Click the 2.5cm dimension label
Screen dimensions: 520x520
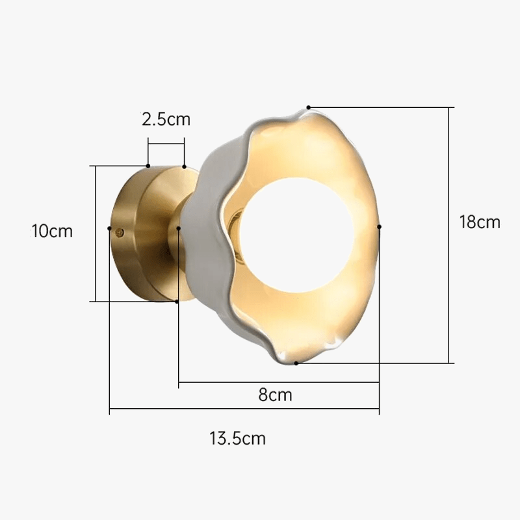pos(166,119)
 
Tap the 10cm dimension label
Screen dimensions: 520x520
pos(52,231)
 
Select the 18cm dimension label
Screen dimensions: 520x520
pos(480,222)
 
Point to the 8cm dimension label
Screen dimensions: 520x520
pos(275,395)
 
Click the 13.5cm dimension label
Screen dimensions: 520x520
pos(237,438)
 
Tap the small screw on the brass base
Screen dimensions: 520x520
pos(120,233)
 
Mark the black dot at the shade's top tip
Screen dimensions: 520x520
pos(308,107)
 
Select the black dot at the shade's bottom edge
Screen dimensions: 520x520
pos(296,363)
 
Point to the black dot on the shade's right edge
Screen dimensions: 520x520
pos(380,227)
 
